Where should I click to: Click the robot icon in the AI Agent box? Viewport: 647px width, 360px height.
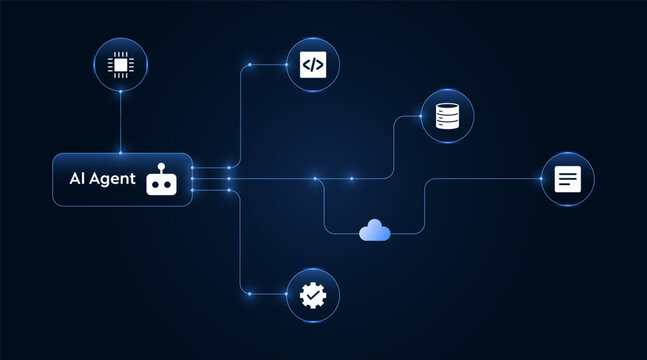click(160, 180)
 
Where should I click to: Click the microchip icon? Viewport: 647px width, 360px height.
click(120, 65)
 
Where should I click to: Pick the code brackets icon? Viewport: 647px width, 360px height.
click(313, 65)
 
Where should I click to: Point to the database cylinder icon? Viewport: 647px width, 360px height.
click(447, 116)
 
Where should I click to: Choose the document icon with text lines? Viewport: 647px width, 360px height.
click(567, 179)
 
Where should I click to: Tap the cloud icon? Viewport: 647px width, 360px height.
click(375, 231)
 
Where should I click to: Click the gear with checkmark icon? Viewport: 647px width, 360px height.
click(313, 294)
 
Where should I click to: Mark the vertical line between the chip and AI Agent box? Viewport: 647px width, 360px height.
click(120, 122)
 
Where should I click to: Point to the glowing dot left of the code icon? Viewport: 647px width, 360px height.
click(250, 65)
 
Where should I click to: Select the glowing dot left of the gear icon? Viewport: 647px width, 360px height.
click(250, 294)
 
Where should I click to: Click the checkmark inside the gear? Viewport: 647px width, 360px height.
click(313, 294)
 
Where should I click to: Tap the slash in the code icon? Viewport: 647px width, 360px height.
click(313, 65)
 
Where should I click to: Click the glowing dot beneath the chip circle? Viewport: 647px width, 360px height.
click(120, 92)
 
